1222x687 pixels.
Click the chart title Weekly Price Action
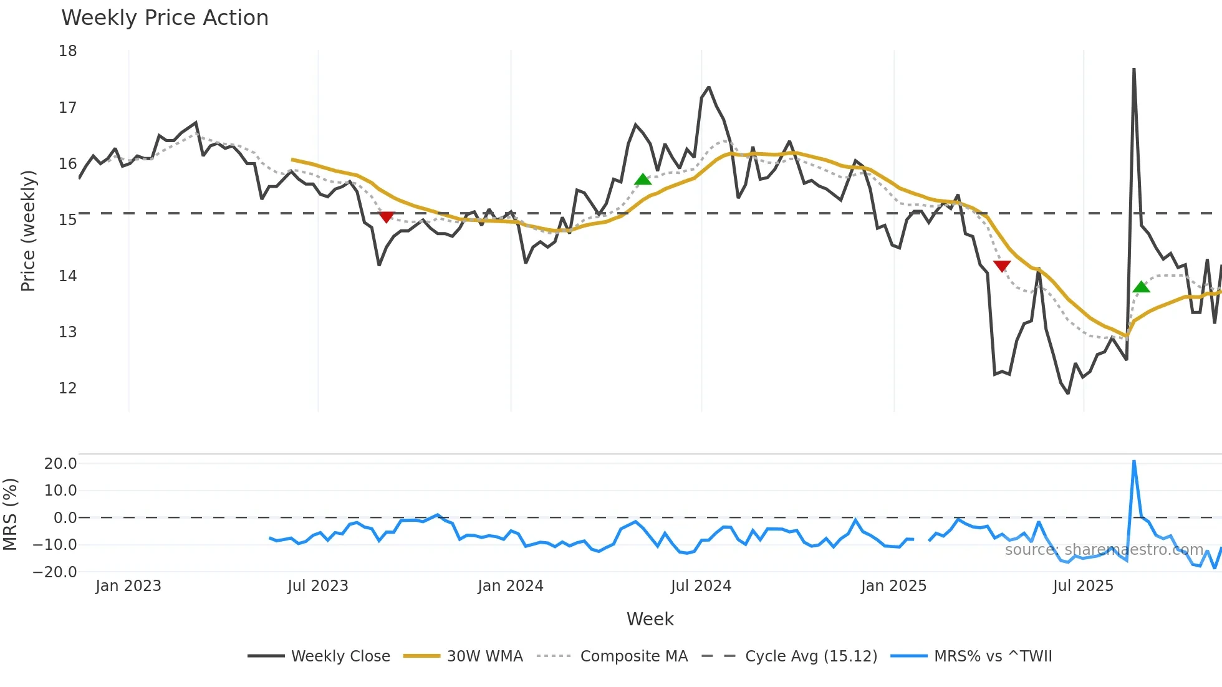165,18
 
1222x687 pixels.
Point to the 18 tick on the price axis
68,51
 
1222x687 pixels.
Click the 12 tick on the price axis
68,388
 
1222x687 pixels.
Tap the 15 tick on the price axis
68,219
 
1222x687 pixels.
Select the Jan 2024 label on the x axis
511,586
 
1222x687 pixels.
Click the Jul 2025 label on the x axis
1083,586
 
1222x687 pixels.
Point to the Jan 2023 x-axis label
128,586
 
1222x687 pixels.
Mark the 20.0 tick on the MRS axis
60,463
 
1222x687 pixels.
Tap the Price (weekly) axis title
29,231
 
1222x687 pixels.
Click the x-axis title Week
650,619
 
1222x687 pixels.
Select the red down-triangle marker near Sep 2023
387,216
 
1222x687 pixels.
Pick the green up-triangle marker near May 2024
643,180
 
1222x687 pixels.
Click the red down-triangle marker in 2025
1002,266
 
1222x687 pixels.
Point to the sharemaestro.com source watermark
1104,550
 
